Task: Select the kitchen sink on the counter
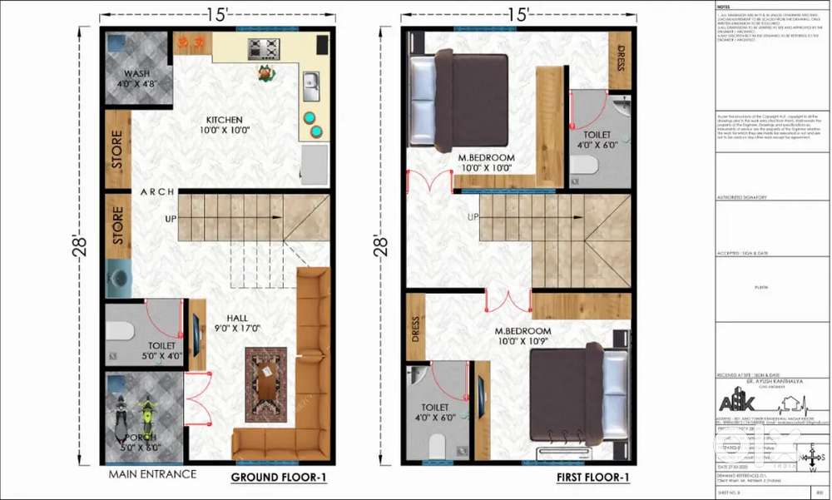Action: [x=312, y=82]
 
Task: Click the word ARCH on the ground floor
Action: [x=157, y=192]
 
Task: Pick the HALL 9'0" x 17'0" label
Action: [x=237, y=322]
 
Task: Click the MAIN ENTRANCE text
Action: [x=152, y=474]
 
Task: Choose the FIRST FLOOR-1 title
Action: [x=592, y=478]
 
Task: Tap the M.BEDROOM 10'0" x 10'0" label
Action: [x=487, y=162]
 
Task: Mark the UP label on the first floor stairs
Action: [x=473, y=217]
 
